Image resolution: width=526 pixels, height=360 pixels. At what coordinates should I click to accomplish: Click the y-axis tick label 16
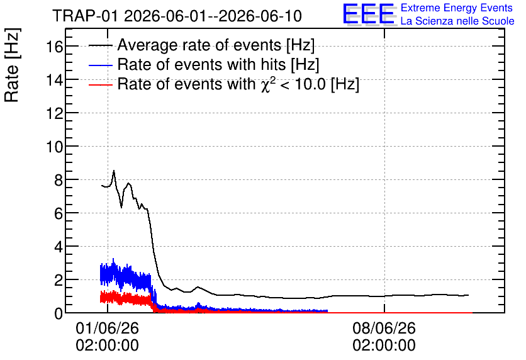(54, 47)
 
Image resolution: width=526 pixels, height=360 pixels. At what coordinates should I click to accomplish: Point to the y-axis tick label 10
(54, 147)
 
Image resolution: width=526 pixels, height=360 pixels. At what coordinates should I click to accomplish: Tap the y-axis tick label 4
(59, 247)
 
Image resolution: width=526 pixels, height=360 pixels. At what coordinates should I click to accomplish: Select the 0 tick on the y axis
(59, 313)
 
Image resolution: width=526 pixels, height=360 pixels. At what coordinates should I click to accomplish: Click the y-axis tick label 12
(54, 113)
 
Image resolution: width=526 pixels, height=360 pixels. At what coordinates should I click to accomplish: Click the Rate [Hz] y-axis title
(12, 65)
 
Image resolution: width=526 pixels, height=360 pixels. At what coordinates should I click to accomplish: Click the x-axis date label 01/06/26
(108, 328)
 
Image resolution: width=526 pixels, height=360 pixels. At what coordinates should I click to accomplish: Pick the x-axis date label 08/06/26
(384, 328)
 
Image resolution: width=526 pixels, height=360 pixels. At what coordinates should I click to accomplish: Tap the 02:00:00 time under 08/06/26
(384, 346)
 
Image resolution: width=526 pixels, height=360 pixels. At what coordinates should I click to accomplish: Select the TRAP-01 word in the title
(85, 16)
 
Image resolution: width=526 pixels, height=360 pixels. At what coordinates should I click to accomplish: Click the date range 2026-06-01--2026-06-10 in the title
(213, 16)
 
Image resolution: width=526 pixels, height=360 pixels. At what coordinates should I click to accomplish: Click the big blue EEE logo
(369, 14)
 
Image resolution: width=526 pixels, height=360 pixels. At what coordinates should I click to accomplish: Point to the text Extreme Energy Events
(457, 8)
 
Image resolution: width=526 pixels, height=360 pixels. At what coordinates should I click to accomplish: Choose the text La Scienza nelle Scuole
(457, 21)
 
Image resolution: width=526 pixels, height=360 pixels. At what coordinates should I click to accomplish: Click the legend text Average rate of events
(199, 45)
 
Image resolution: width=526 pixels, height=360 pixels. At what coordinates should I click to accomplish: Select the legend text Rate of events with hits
(201, 64)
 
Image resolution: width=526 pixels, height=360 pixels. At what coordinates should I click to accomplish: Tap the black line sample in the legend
(101, 45)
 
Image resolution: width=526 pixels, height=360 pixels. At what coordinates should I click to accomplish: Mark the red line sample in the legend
(101, 85)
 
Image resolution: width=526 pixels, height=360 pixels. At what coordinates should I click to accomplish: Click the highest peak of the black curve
(114, 171)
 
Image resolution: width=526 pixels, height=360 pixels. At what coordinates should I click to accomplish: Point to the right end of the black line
(468, 295)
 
